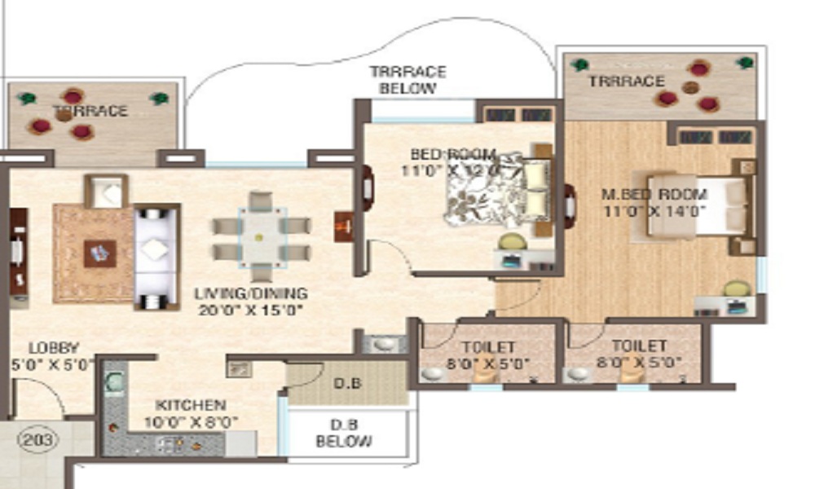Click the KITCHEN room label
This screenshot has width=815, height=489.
(x=192, y=405)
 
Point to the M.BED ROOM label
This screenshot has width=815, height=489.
(x=654, y=195)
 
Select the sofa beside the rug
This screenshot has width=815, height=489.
(x=156, y=257)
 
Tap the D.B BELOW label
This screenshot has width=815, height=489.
(x=345, y=434)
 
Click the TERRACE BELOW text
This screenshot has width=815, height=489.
(x=407, y=80)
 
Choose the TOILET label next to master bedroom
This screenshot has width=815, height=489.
(x=640, y=346)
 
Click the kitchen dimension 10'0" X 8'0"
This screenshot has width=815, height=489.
(x=192, y=422)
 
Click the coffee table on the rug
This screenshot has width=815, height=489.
(x=99, y=253)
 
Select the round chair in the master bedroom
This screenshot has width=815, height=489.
(x=736, y=289)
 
